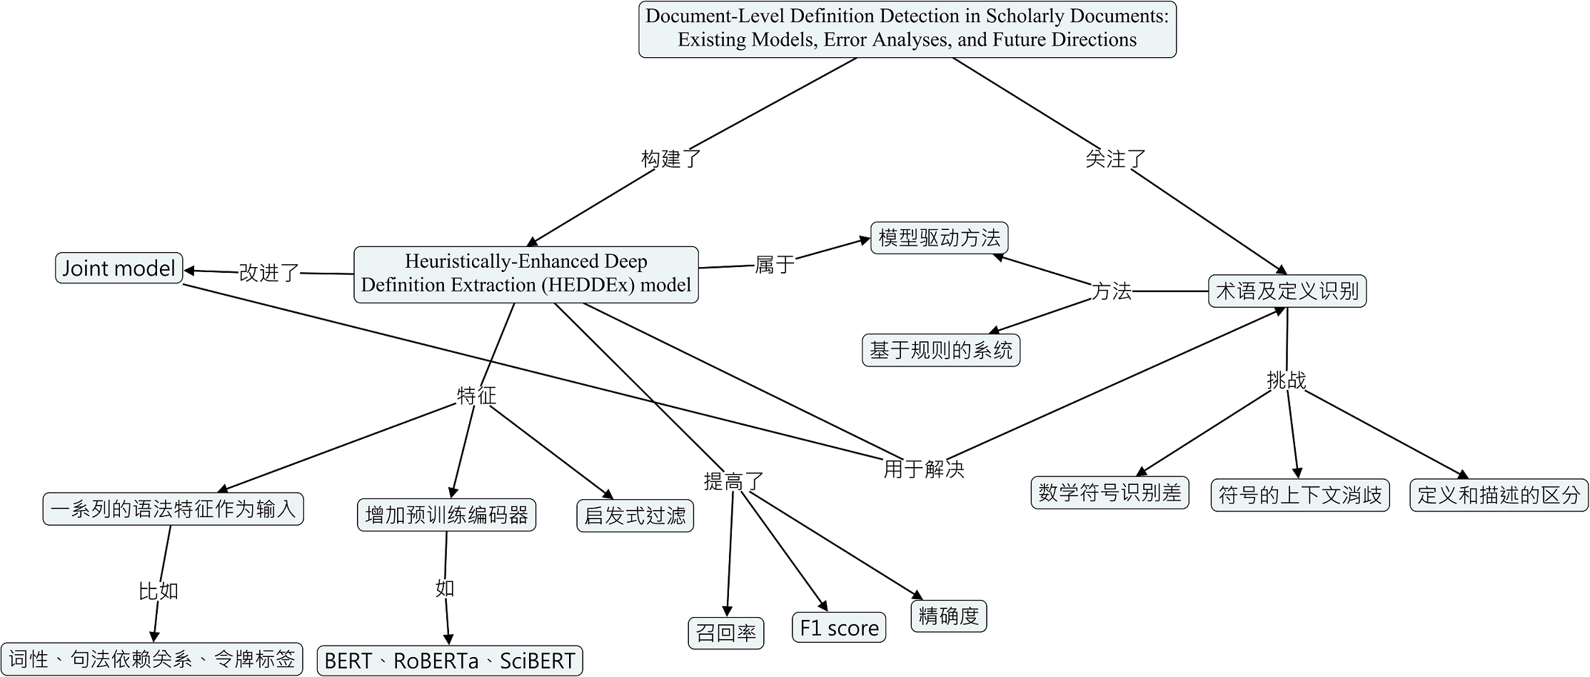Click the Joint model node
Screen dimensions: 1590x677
(119, 268)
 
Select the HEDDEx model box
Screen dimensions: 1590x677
(526, 274)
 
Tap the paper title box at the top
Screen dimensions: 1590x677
(907, 29)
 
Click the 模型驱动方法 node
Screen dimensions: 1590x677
(939, 238)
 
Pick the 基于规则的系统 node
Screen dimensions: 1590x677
(941, 350)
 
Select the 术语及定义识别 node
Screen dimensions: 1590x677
(1287, 291)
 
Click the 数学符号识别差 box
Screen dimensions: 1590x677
(1110, 493)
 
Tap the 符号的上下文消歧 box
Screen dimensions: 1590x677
(1300, 496)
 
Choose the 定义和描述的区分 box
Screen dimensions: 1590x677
(1499, 496)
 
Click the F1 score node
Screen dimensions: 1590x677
(839, 628)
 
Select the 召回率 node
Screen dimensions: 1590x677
(726, 633)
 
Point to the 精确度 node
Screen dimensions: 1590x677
(949, 616)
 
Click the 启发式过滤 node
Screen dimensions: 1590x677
(635, 516)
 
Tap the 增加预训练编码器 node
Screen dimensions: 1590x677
(446, 515)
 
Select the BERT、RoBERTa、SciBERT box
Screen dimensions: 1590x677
(450, 661)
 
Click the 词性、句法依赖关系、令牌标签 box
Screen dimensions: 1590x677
(151, 658)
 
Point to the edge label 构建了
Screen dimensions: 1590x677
(671, 159)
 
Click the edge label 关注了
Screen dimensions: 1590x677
(1115, 159)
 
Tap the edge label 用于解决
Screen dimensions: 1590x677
(924, 469)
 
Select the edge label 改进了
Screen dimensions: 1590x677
(269, 272)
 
